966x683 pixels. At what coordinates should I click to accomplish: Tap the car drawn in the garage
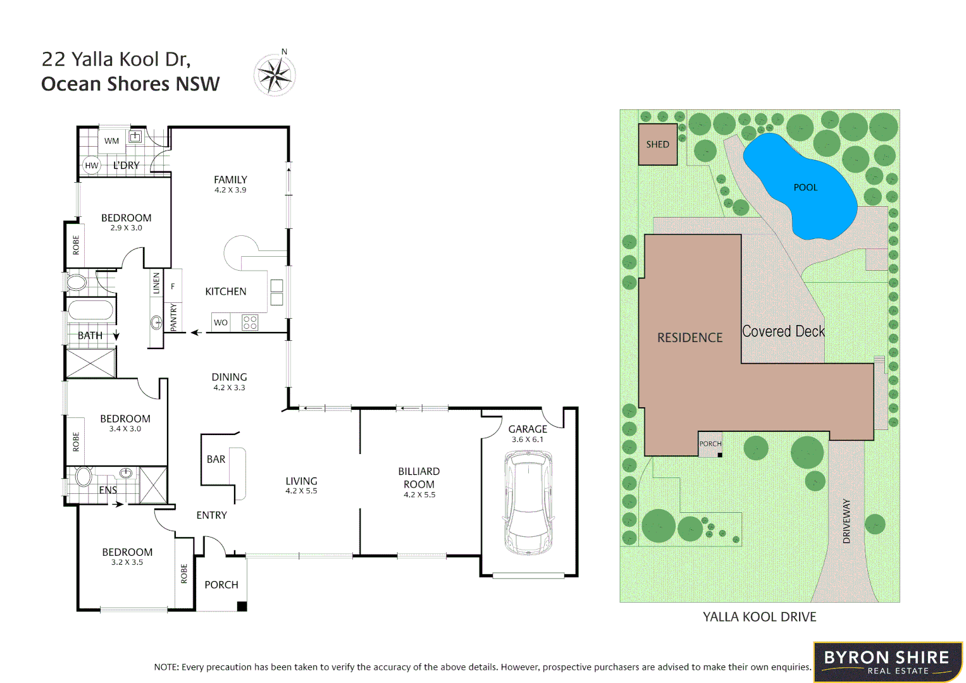(528, 502)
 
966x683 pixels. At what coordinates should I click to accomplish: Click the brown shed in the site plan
(657, 144)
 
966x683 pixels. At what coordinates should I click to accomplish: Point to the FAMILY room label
(230, 180)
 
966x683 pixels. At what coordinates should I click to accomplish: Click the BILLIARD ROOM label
(419, 477)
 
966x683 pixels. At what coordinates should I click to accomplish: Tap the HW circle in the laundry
(92, 166)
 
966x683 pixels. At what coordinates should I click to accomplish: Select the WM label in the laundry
(112, 141)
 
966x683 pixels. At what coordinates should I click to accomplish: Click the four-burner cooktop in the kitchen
(250, 323)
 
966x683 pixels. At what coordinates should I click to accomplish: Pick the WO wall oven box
(220, 323)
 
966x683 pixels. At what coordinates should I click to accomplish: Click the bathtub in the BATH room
(90, 311)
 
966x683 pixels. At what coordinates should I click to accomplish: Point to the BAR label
(216, 459)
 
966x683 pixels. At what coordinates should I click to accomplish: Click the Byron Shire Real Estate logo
(887, 662)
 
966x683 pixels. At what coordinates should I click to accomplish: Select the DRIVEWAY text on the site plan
(846, 521)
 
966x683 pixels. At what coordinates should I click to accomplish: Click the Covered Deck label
(783, 331)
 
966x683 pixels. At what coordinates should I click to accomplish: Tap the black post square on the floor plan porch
(242, 606)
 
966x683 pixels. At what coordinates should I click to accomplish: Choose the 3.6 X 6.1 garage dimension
(528, 440)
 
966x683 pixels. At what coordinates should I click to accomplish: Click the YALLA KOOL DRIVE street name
(759, 617)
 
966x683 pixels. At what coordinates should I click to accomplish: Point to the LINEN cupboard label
(156, 283)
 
